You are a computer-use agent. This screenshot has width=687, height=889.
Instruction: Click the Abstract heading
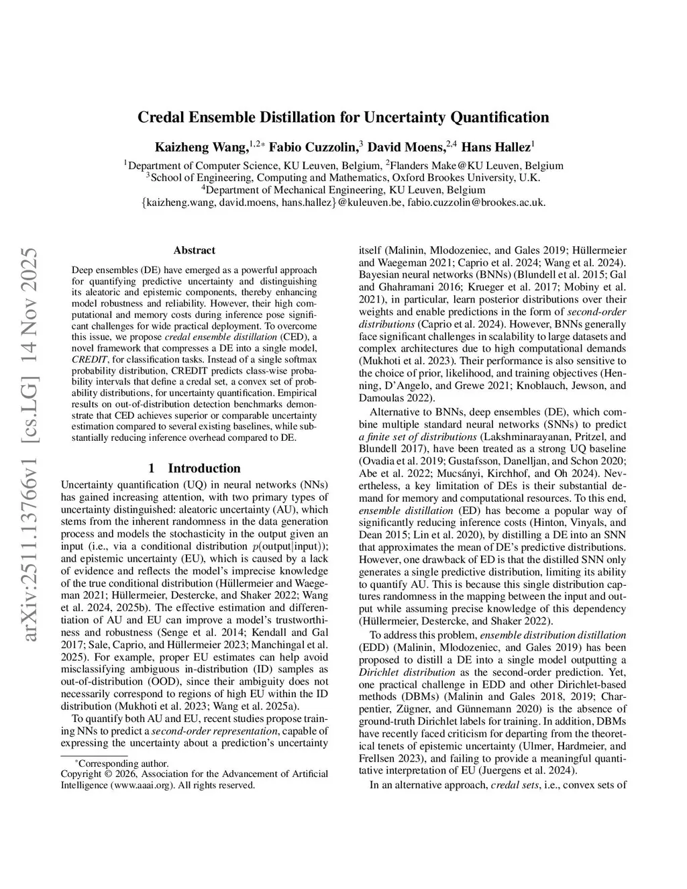195,250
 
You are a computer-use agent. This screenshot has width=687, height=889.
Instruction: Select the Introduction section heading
204,468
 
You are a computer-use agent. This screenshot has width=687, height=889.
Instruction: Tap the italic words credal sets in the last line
515,784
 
